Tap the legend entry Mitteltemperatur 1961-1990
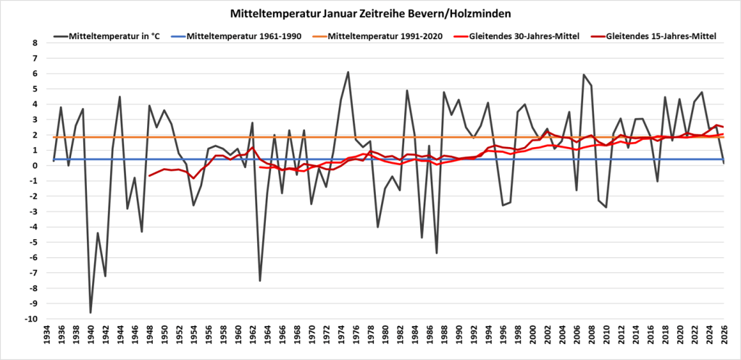(250, 35)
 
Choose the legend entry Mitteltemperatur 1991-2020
(383, 35)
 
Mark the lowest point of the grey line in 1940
(91, 312)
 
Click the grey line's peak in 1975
(348, 72)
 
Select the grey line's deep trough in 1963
(260, 280)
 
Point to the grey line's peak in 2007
(584, 75)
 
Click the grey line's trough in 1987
(437, 253)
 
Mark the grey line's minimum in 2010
(606, 207)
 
